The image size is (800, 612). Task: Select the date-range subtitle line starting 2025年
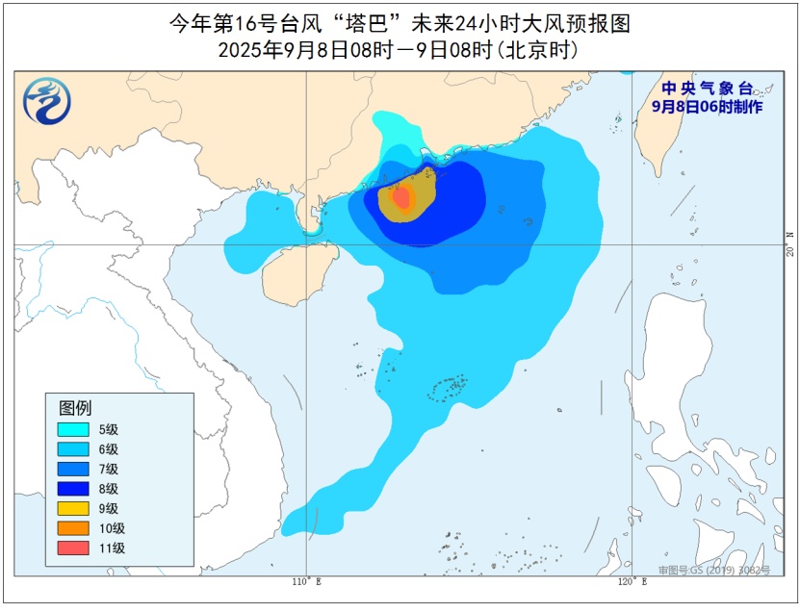tap(399, 49)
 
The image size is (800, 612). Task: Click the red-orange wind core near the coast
tap(402, 198)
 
